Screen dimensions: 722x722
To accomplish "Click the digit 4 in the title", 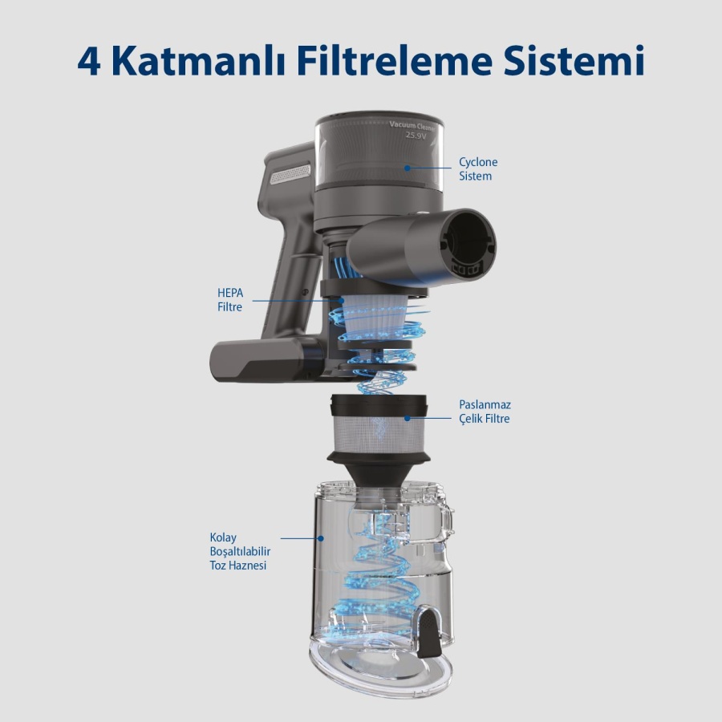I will [x=89, y=61].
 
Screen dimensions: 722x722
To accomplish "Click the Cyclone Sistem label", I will [x=477, y=168].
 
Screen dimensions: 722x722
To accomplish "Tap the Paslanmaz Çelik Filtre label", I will [x=484, y=412].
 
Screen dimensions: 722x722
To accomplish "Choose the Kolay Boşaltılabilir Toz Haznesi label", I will [x=237, y=551].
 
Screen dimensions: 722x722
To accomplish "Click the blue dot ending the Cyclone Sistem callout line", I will [x=407, y=168].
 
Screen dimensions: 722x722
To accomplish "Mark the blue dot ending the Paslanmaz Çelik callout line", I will [x=407, y=418].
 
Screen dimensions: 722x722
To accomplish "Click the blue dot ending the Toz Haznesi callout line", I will [x=322, y=538].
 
